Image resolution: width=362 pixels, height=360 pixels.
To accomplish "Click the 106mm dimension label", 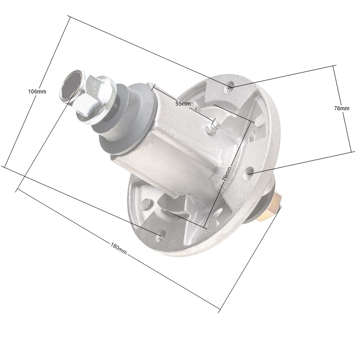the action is tap(37, 91).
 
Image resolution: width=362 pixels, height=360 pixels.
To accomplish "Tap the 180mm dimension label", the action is tap(118, 248).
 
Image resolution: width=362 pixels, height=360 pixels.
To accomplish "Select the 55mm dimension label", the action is tap(183, 104).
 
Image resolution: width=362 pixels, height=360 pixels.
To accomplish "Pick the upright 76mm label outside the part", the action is tap(342, 108).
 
